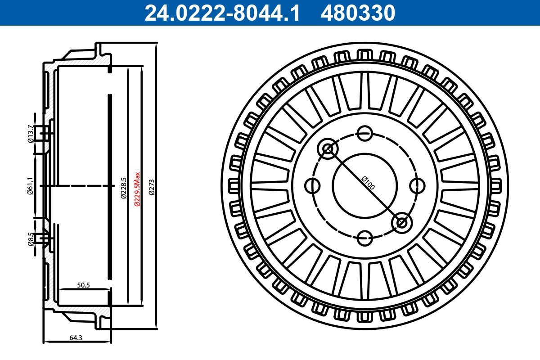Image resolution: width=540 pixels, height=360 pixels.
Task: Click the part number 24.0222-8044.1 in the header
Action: coord(221,13)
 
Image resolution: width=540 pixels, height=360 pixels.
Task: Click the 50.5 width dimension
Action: coord(84,285)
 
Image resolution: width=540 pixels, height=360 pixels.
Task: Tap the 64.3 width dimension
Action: coord(76,336)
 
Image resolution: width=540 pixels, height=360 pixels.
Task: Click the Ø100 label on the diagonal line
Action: coord(369,183)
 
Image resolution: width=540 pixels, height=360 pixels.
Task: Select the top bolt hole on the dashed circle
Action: coord(364,133)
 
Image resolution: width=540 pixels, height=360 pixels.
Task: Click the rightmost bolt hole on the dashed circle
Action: coord(418,185)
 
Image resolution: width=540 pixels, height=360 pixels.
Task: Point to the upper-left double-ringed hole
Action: coord(328,148)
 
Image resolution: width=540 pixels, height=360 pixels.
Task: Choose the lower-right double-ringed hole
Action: coord(401,222)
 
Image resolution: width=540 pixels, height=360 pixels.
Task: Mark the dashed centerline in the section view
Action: coord(76,185)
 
